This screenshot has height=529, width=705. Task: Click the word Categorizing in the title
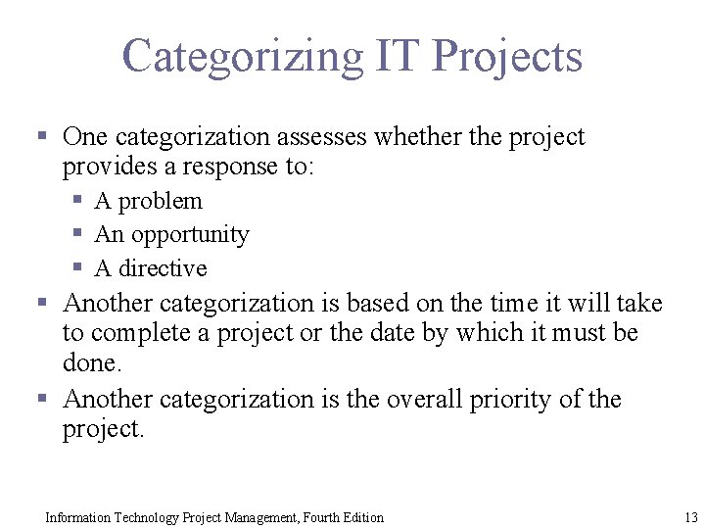pos(242,57)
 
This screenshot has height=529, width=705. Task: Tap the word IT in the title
pos(399,57)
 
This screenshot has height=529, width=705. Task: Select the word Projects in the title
pos(507,57)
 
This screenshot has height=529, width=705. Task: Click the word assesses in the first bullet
pos(307,137)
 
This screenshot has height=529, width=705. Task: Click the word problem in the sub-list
pos(160,201)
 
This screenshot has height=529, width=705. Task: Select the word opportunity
pos(190,235)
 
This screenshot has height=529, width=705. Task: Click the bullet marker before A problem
pos(78,200)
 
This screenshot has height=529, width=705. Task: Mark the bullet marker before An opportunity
pos(78,233)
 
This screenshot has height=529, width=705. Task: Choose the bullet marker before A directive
pos(78,266)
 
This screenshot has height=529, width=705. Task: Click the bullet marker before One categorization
pos(43,135)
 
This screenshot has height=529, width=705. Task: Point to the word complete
pos(147,333)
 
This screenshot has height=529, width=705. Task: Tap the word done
pos(92,363)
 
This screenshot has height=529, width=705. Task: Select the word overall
pos(426,400)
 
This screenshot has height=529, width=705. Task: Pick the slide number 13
pos(690,517)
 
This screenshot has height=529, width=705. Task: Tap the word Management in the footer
pos(250,517)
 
